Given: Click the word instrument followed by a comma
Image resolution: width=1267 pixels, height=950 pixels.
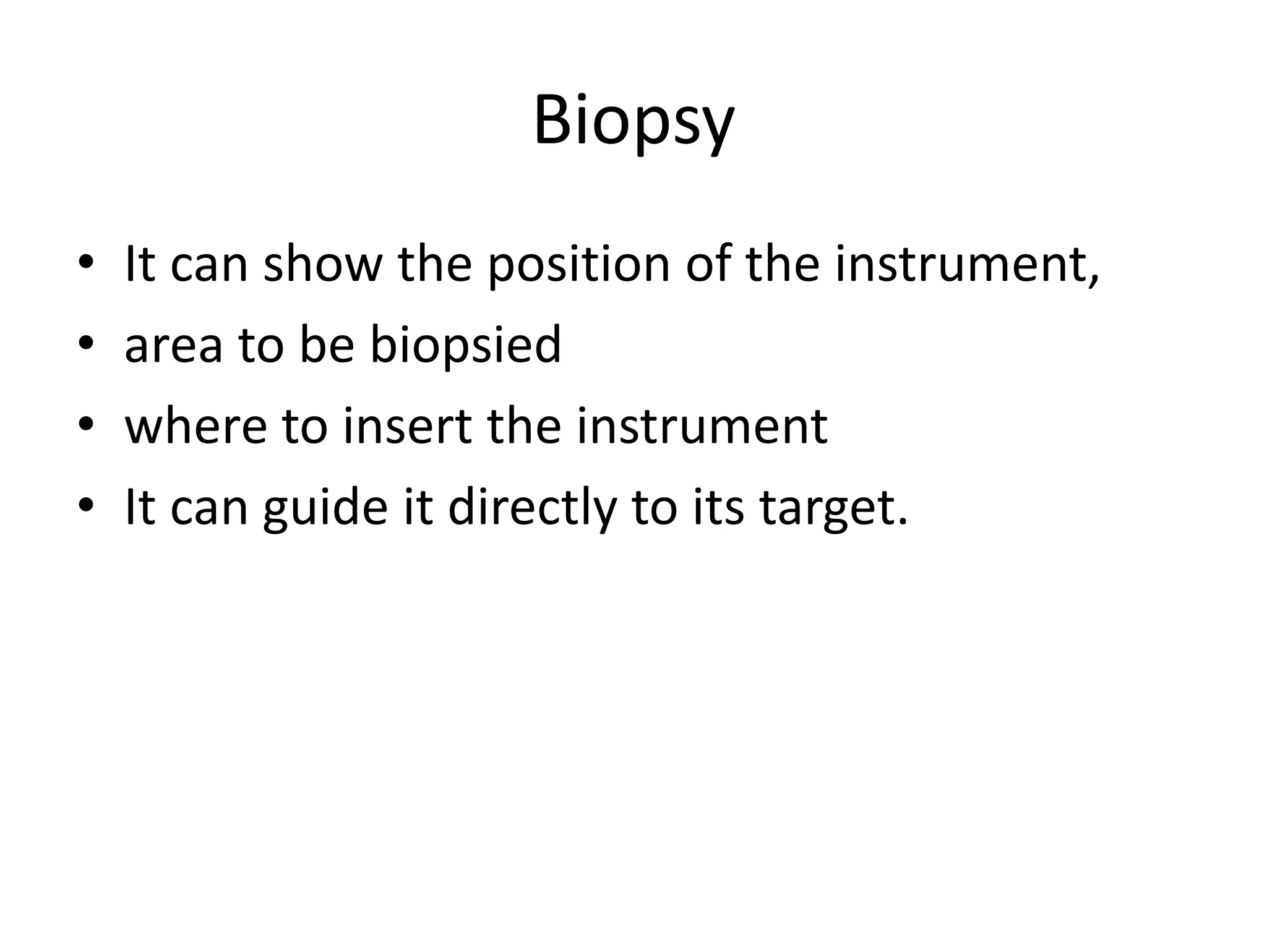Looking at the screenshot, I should click(966, 265).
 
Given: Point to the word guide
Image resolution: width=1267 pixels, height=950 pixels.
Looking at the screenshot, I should click(325, 508).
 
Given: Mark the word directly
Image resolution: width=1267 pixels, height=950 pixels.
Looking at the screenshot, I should click(532, 508).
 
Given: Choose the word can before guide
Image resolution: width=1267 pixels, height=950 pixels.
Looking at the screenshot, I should click(208, 508).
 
